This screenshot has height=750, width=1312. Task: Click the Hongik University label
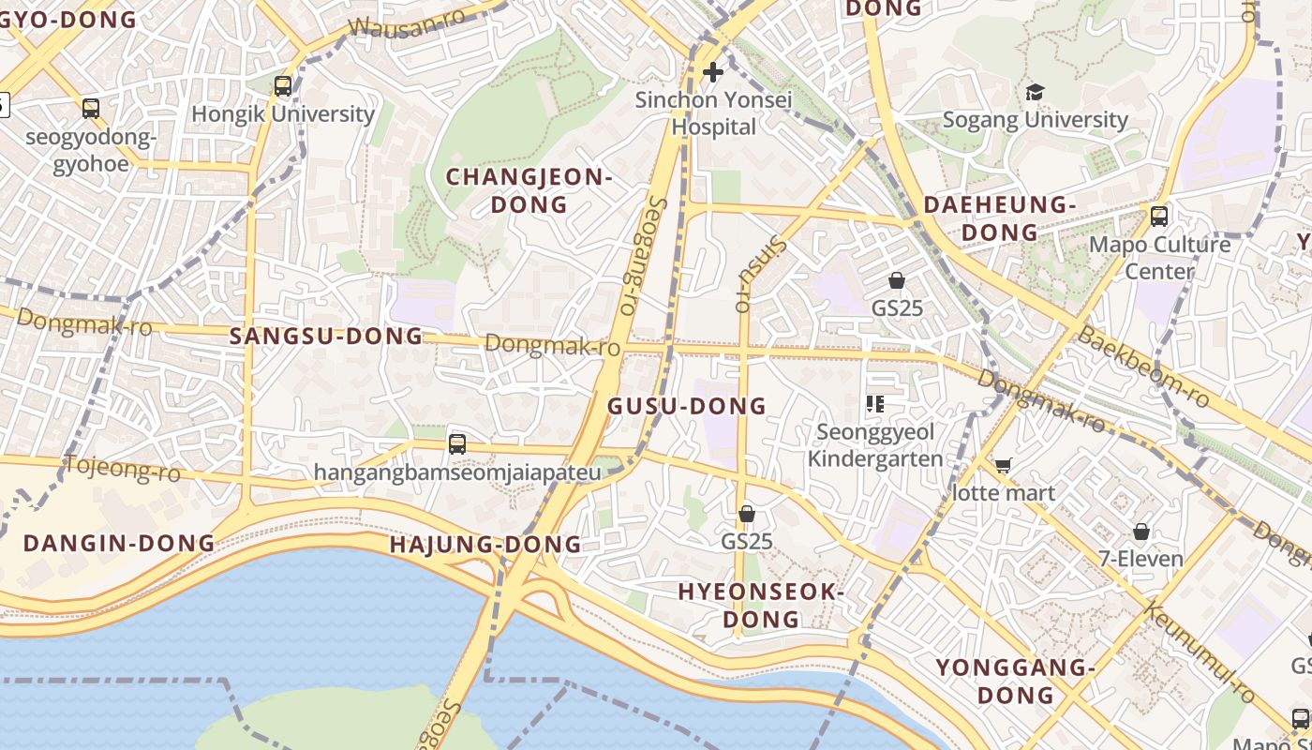point(283,114)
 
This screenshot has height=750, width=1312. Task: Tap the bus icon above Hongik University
point(283,86)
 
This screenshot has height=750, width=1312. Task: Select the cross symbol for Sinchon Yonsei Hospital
point(713,71)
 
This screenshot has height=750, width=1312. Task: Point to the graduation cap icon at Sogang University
point(1035,92)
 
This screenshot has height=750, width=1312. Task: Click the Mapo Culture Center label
point(1159,258)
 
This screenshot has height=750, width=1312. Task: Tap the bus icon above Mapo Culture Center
point(1159,217)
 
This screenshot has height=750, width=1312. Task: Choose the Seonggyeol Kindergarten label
point(875,445)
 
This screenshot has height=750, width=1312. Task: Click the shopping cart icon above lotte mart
point(1004,465)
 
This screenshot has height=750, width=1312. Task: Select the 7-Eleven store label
point(1141,559)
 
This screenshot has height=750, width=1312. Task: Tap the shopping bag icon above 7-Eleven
point(1141,532)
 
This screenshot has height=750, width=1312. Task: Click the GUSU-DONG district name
point(687,406)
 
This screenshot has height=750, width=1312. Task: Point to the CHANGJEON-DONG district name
point(529,190)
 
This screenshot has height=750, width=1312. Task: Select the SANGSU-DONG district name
point(326,336)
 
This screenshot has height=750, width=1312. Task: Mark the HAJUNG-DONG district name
point(485,544)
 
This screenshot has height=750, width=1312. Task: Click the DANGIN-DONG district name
point(119,543)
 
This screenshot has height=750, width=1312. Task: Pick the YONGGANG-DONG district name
point(1016,682)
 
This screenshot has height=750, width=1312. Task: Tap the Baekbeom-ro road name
point(1143,367)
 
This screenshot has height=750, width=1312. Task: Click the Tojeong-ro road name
point(122,467)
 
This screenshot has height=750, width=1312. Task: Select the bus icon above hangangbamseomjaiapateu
point(457,443)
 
